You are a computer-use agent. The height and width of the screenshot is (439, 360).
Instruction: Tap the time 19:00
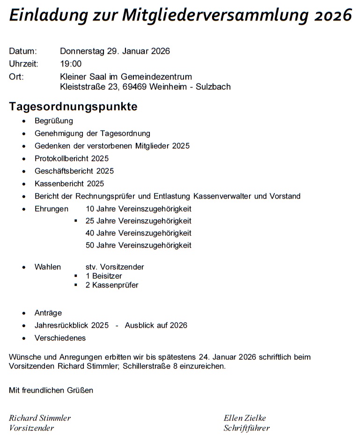click(71, 64)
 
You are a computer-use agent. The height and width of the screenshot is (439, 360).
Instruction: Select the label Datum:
click(23, 52)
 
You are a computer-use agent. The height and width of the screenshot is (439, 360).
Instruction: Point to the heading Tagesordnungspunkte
click(73, 106)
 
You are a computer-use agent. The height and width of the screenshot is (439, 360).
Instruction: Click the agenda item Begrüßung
click(54, 121)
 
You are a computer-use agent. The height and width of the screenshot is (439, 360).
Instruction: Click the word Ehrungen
click(51, 208)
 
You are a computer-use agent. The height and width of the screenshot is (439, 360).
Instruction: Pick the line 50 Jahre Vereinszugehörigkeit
click(139, 245)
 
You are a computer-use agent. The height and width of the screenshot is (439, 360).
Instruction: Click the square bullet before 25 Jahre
click(76, 221)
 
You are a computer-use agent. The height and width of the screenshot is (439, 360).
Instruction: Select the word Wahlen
click(48, 267)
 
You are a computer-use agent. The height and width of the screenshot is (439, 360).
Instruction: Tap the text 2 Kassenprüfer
click(112, 285)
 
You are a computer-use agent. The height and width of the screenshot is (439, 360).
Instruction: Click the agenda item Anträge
click(48, 313)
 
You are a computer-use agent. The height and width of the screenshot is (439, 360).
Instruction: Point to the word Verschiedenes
click(60, 338)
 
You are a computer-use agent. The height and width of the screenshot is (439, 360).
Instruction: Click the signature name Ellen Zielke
click(245, 418)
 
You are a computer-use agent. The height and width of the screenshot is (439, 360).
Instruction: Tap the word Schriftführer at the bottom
click(247, 428)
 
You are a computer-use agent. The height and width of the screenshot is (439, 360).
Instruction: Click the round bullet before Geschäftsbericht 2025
click(24, 171)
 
